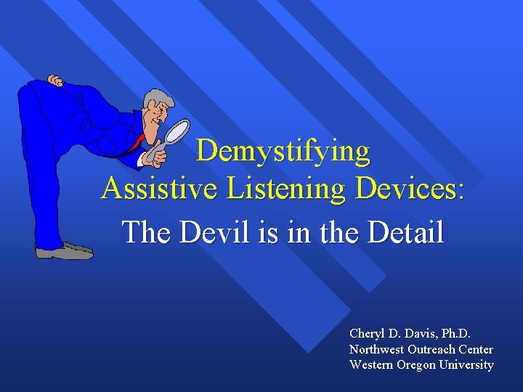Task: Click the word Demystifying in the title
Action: tap(283, 151)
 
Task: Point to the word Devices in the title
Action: tap(406, 189)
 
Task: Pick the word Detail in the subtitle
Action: tap(405, 232)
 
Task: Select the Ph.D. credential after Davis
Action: tap(454, 333)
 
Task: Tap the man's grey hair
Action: tap(155, 99)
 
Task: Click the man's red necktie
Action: tap(136, 143)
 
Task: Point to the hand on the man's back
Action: tap(55, 81)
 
